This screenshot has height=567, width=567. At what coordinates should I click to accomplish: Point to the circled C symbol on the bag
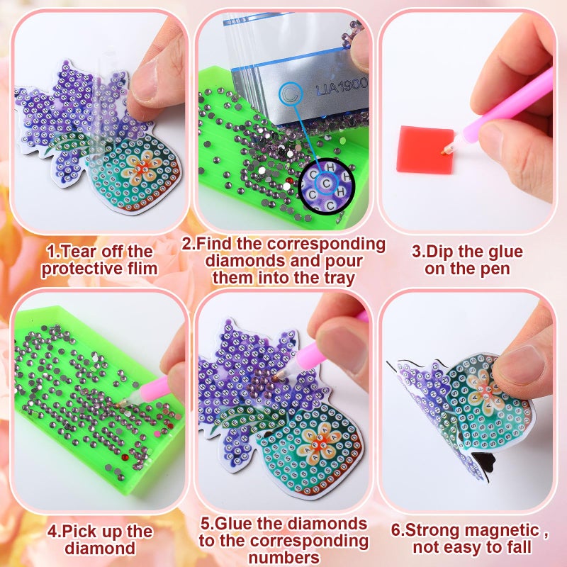pyautogui.click(x=289, y=92)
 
